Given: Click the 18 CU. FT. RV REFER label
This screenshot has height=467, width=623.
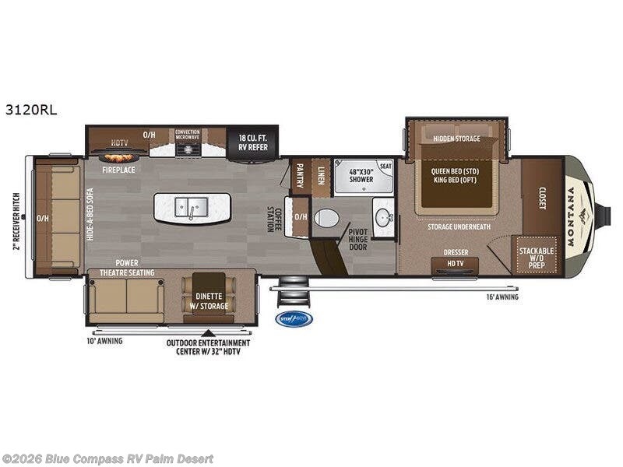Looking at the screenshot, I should [252, 140].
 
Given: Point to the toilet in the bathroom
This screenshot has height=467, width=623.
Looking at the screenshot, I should [328, 217].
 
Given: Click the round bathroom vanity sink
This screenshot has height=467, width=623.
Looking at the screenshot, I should [383, 218].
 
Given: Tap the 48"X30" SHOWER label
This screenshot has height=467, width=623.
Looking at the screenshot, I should [360, 174].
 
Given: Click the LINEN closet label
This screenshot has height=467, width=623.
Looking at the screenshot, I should [321, 174].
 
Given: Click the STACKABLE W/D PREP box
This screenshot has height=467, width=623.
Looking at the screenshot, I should [538, 255].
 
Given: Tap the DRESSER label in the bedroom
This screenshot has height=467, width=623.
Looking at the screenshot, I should [456, 252].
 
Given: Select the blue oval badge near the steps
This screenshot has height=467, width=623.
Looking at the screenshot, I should [294, 318].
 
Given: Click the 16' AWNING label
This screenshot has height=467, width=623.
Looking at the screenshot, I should [502, 297].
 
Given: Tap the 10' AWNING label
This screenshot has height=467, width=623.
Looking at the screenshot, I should [105, 340].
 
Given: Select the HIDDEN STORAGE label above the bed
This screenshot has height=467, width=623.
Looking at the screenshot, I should [457, 139].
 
